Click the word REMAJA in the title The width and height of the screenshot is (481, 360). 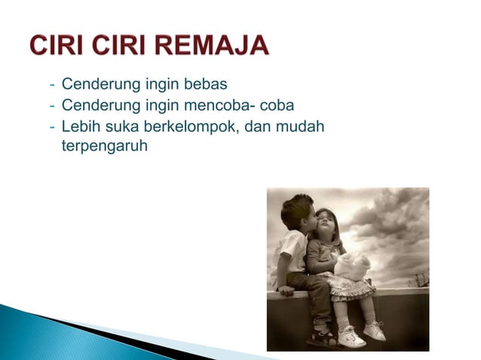(214, 47)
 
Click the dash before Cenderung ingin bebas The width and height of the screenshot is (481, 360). (52, 83)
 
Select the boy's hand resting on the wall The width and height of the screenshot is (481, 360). (286, 290)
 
